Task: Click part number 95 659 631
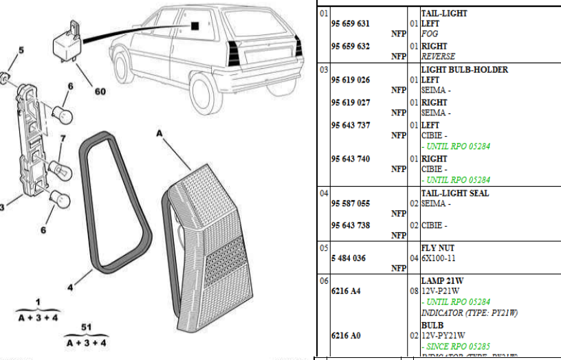tap(350, 23)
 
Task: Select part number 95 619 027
tap(350, 102)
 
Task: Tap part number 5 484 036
tap(347, 258)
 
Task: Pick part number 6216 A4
tap(345, 291)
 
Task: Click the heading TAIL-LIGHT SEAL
tap(454, 193)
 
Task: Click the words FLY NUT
tap(437, 247)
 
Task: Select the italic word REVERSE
tap(438, 56)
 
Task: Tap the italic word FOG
tap(430, 34)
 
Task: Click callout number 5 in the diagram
tap(21, 50)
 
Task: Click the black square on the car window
tap(195, 27)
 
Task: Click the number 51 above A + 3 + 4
tap(86, 327)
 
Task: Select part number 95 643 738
tap(350, 225)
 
